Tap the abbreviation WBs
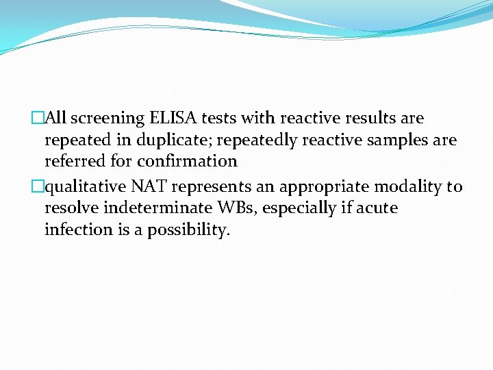click(x=237, y=208)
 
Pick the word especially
click(x=300, y=208)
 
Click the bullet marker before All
click(x=38, y=119)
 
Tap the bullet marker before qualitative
click(x=38, y=187)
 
